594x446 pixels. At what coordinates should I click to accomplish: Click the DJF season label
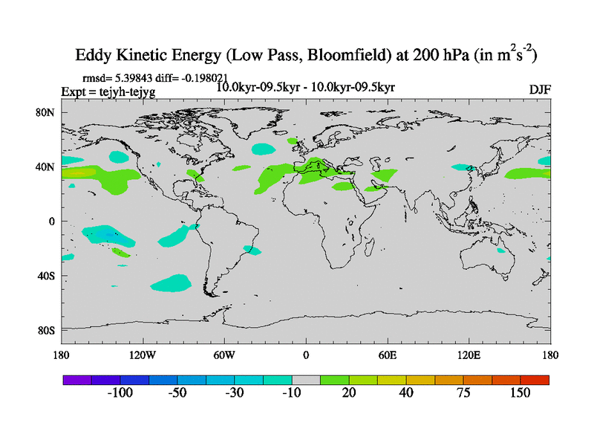coord(540,89)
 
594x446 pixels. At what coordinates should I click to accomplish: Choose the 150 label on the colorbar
coord(520,392)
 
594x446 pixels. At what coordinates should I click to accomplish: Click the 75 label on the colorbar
coord(463,392)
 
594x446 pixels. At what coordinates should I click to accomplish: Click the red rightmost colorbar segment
coord(535,379)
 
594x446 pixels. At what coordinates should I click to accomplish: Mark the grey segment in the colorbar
coord(306,379)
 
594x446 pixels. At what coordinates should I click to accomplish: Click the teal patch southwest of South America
coord(181,282)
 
